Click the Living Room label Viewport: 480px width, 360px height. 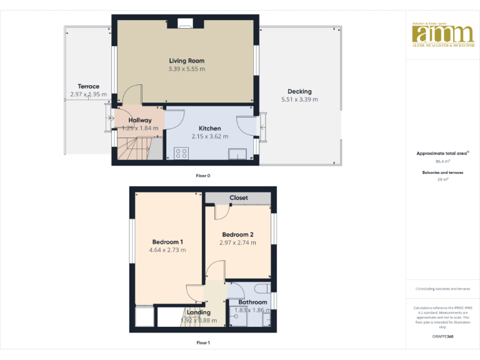click(x=186, y=61)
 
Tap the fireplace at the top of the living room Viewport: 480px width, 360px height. click(x=184, y=24)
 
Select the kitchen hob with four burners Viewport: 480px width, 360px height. click(x=182, y=152)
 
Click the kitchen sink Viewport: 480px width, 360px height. click(x=237, y=154)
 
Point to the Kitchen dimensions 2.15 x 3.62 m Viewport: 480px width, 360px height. click(x=209, y=136)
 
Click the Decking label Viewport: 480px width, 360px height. click(x=299, y=91)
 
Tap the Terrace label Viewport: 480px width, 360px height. click(x=88, y=86)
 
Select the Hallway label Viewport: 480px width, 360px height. click(x=140, y=120)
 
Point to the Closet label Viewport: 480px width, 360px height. click(x=238, y=197)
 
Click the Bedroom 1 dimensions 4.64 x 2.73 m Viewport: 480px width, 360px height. click(x=167, y=250)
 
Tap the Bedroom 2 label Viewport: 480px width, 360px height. click(x=237, y=234)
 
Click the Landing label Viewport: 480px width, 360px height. click(x=199, y=312)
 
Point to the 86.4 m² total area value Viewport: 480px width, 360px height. click(x=442, y=161)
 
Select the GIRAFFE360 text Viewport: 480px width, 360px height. click(x=442, y=337)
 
